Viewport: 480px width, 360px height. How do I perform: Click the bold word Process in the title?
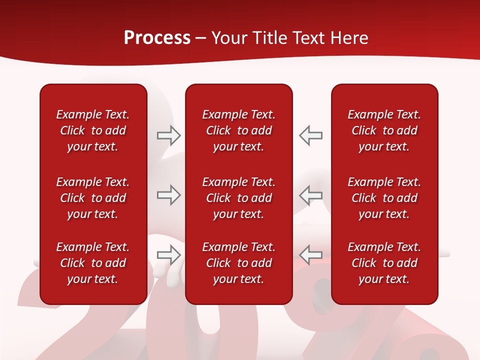coord(157,38)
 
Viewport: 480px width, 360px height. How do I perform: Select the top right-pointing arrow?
coord(168,135)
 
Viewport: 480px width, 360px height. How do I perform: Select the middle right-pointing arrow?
coord(168,195)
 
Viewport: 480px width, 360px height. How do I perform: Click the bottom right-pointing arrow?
coord(168,255)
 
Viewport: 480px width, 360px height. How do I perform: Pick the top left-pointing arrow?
coord(310,135)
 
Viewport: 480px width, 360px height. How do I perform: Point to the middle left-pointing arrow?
coord(310,195)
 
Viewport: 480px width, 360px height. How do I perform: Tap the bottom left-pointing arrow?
coord(310,255)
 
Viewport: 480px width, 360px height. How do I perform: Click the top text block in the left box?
coord(93,130)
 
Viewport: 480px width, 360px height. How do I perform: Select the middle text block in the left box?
coord(93,198)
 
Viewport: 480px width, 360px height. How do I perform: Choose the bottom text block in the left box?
coord(93,263)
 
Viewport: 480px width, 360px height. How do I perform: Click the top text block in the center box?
coord(238,130)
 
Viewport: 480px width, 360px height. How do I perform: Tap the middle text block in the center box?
coord(238,198)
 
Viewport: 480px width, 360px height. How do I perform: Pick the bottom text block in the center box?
coord(238,263)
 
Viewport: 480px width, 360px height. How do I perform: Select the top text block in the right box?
coord(384,130)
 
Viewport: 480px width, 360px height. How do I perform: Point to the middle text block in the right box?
coord(384,198)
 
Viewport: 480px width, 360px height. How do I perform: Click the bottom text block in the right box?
coord(384,263)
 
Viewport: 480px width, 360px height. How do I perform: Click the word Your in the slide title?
coord(228,38)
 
